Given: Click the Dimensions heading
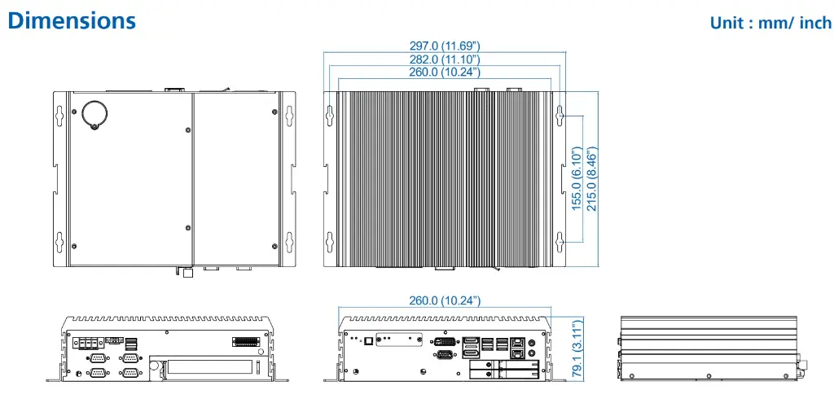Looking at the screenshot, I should click(72, 20).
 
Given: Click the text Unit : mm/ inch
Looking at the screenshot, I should click(770, 22).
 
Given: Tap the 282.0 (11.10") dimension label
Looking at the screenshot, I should click(445, 59).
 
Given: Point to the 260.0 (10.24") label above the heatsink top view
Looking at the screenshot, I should click(445, 72).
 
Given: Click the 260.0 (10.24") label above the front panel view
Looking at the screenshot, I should click(445, 300).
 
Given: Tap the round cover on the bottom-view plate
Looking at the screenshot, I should click(94, 113).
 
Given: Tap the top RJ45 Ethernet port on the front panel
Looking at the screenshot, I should click(519, 343).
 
